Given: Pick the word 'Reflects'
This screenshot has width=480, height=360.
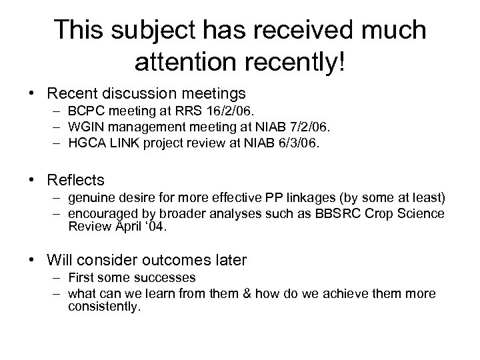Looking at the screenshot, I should pos(76,180).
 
